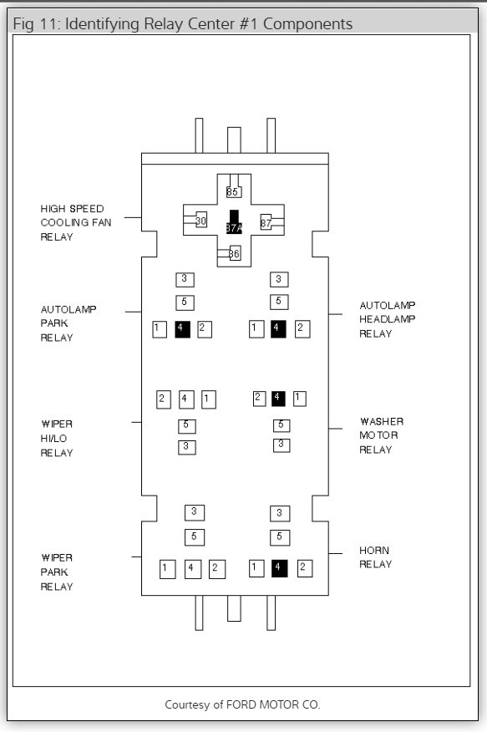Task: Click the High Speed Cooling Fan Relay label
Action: coord(75,222)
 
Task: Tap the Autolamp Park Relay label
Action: coord(68,323)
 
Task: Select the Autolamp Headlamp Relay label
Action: coord(387,319)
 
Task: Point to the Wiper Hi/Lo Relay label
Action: coord(57,439)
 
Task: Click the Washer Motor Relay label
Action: coord(381,435)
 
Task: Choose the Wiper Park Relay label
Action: coord(57,572)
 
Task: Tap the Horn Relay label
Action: coord(375,557)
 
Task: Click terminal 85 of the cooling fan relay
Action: coord(233,191)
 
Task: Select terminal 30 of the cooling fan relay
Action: coord(200,220)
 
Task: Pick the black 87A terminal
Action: coord(234,222)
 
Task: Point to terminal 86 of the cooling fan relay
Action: coord(234,253)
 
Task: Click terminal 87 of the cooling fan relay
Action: coord(266,222)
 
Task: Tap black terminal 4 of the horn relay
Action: coord(279,567)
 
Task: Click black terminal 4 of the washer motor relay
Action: coord(278,399)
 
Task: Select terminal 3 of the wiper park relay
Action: coord(194,512)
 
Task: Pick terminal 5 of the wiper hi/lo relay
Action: coord(186,426)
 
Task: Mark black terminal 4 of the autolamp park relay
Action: coord(182,329)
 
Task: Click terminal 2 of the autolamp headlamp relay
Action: coord(302,329)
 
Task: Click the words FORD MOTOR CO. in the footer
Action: coord(273,704)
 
